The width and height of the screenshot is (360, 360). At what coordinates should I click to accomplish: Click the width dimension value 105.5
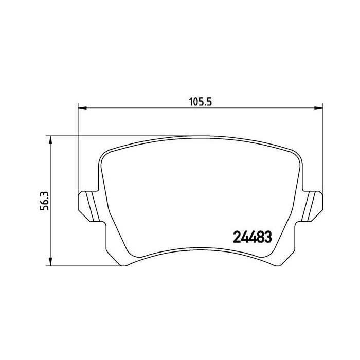pyautogui.click(x=200, y=102)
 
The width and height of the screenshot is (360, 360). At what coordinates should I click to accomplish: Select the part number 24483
pyautogui.click(x=253, y=237)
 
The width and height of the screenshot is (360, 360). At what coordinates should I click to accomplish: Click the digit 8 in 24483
pyautogui.click(x=260, y=237)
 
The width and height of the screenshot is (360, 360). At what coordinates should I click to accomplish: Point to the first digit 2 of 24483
pyautogui.click(x=238, y=237)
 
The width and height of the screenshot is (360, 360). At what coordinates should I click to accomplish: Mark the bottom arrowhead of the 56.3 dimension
pyautogui.click(x=50, y=263)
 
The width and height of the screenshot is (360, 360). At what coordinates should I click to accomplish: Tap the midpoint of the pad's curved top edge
pyautogui.click(x=200, y=137)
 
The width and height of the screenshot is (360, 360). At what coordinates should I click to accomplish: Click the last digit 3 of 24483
pyautogui.click(x=267, y=237)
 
